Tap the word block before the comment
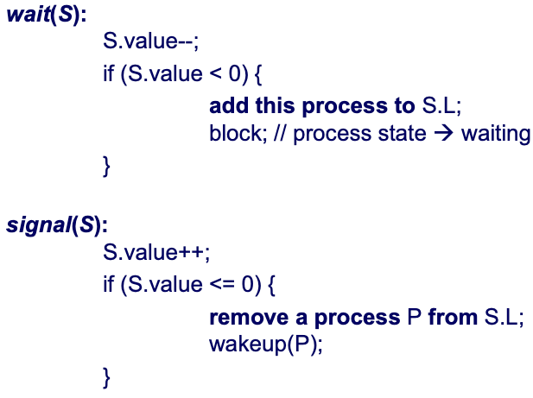point(232,135)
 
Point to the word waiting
point(494,135)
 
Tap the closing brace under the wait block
point(107,164)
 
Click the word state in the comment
point(404,135)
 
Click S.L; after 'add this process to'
point(441,106)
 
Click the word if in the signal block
point(109,284)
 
